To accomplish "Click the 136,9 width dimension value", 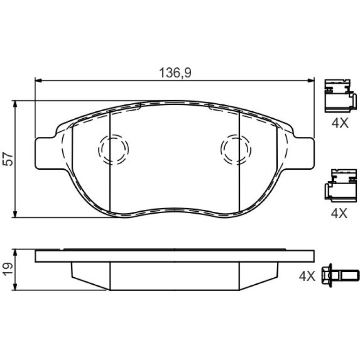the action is tap(175, 73).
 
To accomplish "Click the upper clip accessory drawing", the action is tap(340, 96).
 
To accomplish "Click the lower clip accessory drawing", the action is tap(340, 186).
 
